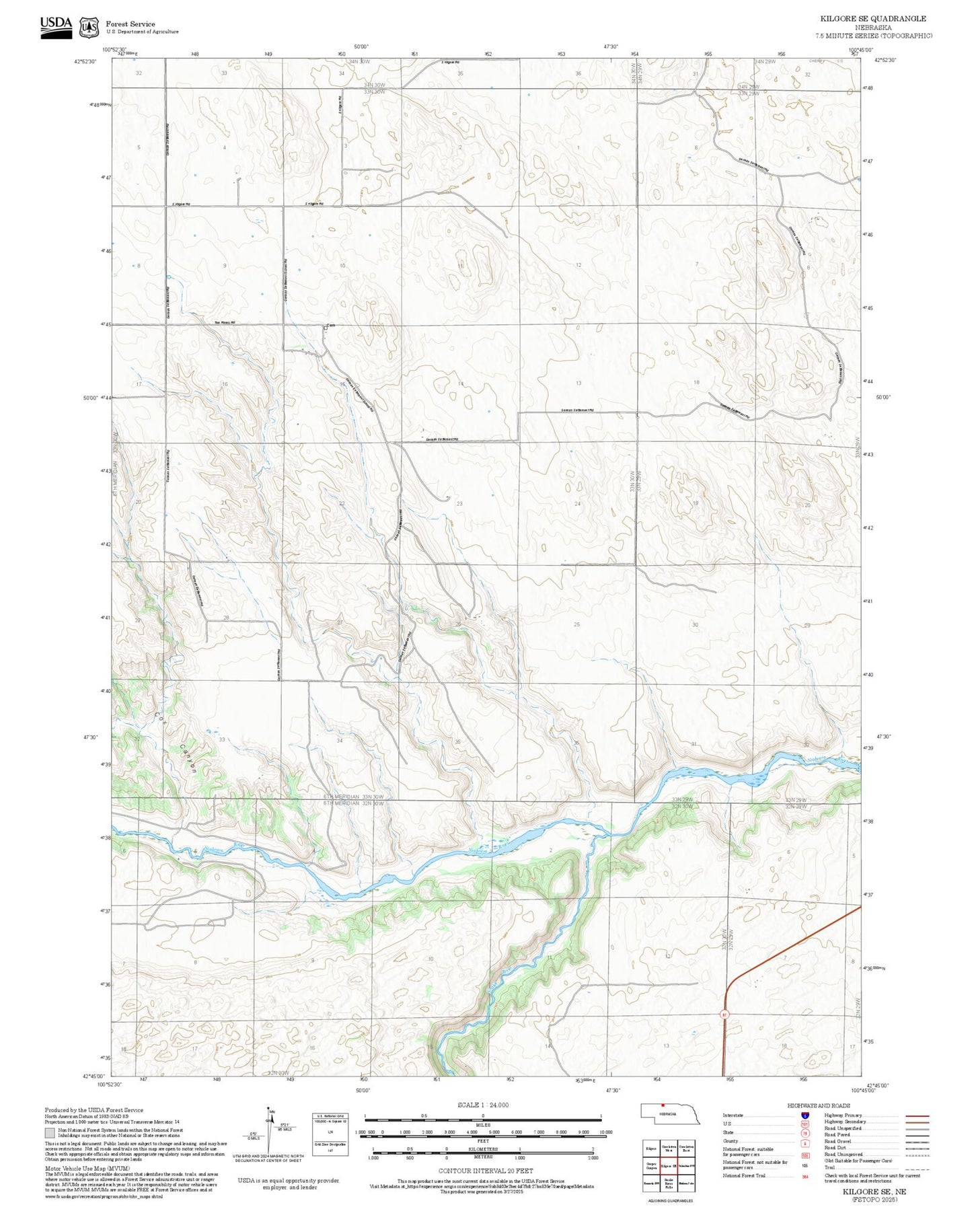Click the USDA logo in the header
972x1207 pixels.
coord(56,27)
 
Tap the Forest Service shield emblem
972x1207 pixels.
coord(88,28)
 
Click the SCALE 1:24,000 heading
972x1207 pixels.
coord(483,1105)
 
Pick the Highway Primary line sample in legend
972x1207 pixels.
coord(917,1115)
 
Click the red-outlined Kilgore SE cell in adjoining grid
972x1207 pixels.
coord(668,1165)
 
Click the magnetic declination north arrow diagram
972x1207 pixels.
coord(269,1132)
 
